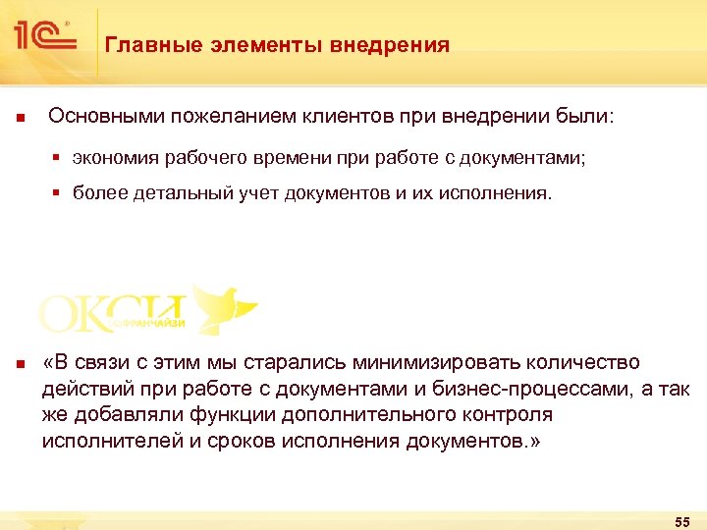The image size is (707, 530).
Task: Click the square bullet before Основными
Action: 20,119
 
